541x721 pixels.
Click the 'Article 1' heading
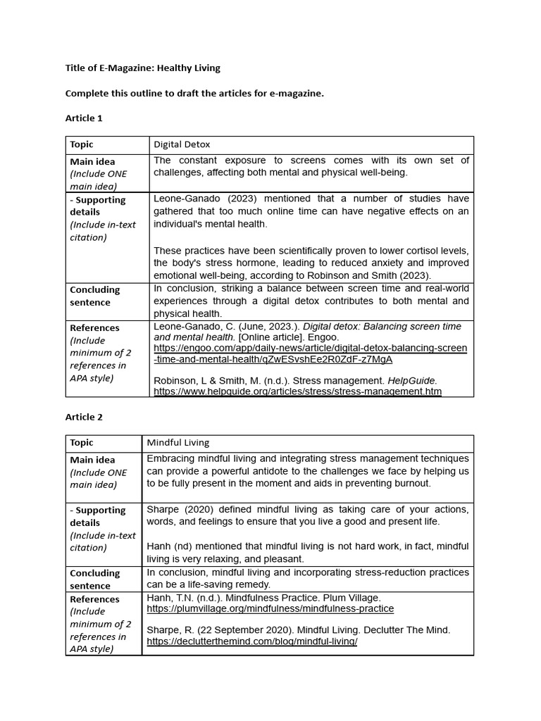[84, 118]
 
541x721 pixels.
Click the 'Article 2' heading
[84, 417]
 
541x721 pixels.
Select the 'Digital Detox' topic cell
[182, 144]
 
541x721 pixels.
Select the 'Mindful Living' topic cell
[178, 443]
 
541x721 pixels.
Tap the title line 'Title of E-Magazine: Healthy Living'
[142, 68]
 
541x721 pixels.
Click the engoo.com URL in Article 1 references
[310, 354]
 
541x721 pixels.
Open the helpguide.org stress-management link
[297, 391]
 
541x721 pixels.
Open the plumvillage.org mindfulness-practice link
[270, 608]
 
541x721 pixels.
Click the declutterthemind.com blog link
[251, 642]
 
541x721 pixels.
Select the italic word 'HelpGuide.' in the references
[413, 380]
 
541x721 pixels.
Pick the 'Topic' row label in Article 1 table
[82, 144]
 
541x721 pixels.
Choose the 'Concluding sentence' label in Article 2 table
[94, 579]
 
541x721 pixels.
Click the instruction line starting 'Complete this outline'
[194, 93]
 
